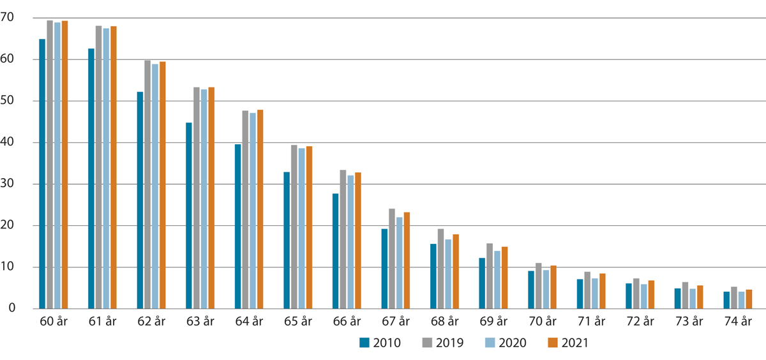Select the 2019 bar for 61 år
coord(98,167)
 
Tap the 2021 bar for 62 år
coord(162,185)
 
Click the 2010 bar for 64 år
coord(237,227)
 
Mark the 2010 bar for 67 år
coord(384,269)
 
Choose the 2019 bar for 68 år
coord(441,269)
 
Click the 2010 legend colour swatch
coord(365,343)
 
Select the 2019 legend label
coord(449,343)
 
